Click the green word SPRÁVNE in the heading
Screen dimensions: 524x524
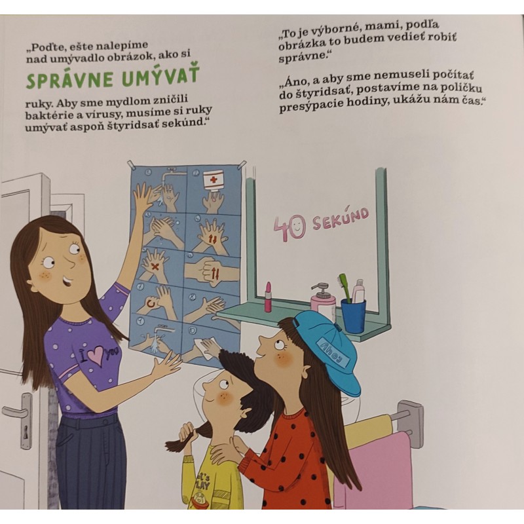pyautogui.click(x=69, y=79)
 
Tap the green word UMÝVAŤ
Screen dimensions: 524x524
pyautogui.click(x=160, y=76)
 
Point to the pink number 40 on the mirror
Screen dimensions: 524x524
pyautogui.click(x=290, y=228)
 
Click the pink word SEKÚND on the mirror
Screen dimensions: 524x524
pyautogui.click(x=341, y=219)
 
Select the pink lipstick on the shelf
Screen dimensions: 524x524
pyautogui.click(x=268, y=297)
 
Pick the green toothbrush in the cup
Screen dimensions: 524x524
pyautogui.click(x=345, y=288)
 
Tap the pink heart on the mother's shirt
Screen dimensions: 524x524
pyautogui.click(x=96, y=355)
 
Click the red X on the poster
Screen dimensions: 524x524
pyautogui.click(x=155, y=267)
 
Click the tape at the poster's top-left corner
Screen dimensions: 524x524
pyautogui.click(x=132, y=164)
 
